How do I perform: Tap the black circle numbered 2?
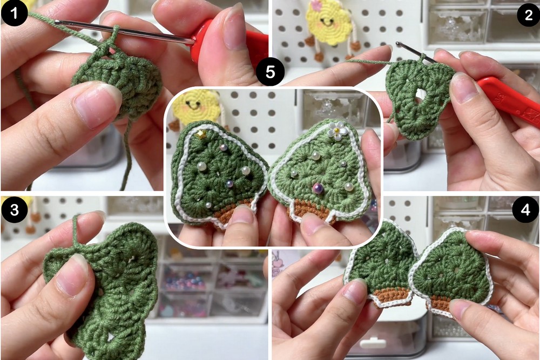pos(528,15)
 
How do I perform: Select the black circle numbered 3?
pos(14,210)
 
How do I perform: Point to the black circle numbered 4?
pos(525,209)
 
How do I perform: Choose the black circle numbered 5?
pos(271,72)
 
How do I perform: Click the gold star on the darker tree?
pos(200,134)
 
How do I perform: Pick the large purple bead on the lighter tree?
pos(318,188)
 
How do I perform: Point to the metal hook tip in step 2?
pos(400,44)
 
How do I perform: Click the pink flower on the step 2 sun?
pos(316,5)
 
